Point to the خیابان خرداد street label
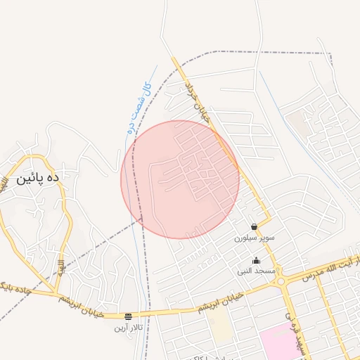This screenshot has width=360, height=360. (198, 103)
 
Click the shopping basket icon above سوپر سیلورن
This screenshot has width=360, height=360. (254, 226)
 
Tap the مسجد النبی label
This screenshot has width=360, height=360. (254, 271)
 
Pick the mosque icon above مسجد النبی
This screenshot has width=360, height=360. (255, 261)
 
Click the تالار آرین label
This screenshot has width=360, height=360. (128, 328)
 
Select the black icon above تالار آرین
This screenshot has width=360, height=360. (128, 316)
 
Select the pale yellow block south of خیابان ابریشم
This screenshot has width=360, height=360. (220, 325)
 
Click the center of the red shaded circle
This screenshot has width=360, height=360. (180, 180)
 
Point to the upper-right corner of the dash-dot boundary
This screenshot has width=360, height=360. (330, 53)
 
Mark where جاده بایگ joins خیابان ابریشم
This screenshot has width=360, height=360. (55, 292)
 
